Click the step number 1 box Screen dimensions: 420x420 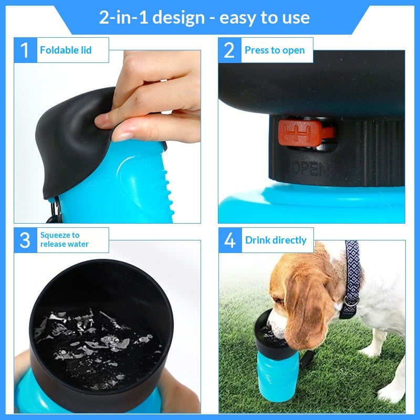coord(25,50)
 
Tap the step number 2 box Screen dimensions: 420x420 coord(229,50)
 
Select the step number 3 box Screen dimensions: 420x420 coord(25,240)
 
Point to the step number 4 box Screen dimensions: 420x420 coord(229,240)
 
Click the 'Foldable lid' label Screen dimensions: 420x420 coord(66,50)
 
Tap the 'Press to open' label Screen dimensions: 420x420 coord(275,50)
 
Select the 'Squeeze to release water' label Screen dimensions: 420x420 coord(65,240)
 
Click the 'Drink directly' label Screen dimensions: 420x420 coord(276,240)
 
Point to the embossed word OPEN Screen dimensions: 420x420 coord(310,169)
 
